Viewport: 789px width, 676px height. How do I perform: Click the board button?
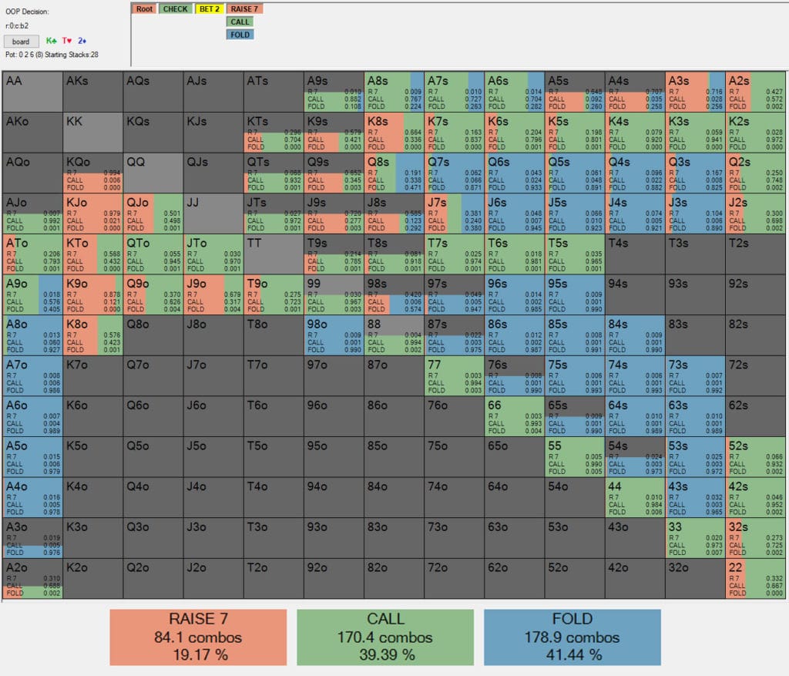[x=21, y=41]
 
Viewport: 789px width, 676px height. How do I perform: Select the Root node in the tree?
[x=143, y=8]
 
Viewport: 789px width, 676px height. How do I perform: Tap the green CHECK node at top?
[x=176, y=8]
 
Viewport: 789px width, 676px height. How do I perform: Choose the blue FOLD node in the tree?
[x=240, y=35]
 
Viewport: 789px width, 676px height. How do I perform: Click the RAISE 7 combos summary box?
[x=198, y=637]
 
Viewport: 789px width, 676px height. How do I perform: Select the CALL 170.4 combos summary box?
[x=385, y=637]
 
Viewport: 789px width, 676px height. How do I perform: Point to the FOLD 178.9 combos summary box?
[x=572, y=637]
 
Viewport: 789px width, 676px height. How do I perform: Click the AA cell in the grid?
[x=32, y=92]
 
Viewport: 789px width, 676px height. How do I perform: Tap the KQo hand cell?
[x=92, y=173]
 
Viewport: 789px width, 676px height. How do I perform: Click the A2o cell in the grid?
[x=32, y=577]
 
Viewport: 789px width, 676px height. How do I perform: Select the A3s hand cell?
[x=695, y=92]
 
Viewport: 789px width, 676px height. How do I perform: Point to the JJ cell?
[x=213, y=213]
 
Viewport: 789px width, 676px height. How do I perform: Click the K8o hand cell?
[x=92, y=335]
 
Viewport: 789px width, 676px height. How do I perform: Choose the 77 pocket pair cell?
[x=454, y=375]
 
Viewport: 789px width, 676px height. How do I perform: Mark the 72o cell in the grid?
[x=454, y=577]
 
